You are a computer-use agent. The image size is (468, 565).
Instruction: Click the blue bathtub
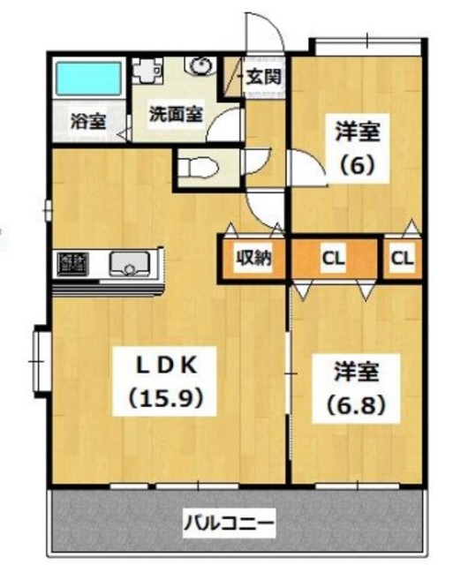click(x=88, y=80)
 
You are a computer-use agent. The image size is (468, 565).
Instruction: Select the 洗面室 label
click(x=173, y=113)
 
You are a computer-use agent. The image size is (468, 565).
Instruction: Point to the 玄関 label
click(x=263, y=77)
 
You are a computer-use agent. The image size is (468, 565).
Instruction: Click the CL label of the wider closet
click(x=332, y=259)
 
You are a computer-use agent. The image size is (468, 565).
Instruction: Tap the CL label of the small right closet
click(x=403, y=259)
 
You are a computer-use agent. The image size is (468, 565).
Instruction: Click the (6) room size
click(x=358, y=164)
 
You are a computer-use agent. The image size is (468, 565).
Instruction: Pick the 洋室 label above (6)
click(x=358, y=132)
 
